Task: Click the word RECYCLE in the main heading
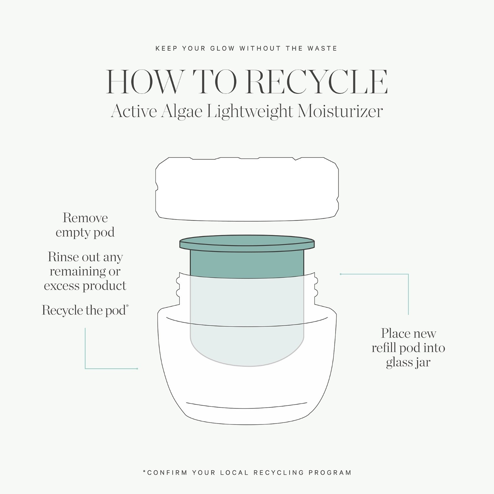click(317, 82)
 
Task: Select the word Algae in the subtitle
click(182, 112)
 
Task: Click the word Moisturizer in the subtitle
click(340, 111)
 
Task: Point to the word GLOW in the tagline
click(223, 48)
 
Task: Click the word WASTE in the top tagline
click(322, 48)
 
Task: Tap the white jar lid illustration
click(247, 189)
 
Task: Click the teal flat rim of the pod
click(247, 243)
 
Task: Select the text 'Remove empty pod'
click(85, 225)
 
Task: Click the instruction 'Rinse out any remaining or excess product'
click(85, 271)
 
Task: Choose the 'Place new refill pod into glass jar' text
click(408, 348)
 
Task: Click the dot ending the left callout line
click(137, 369)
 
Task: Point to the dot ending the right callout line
click(341, 274)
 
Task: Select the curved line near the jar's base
click(247, 405)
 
